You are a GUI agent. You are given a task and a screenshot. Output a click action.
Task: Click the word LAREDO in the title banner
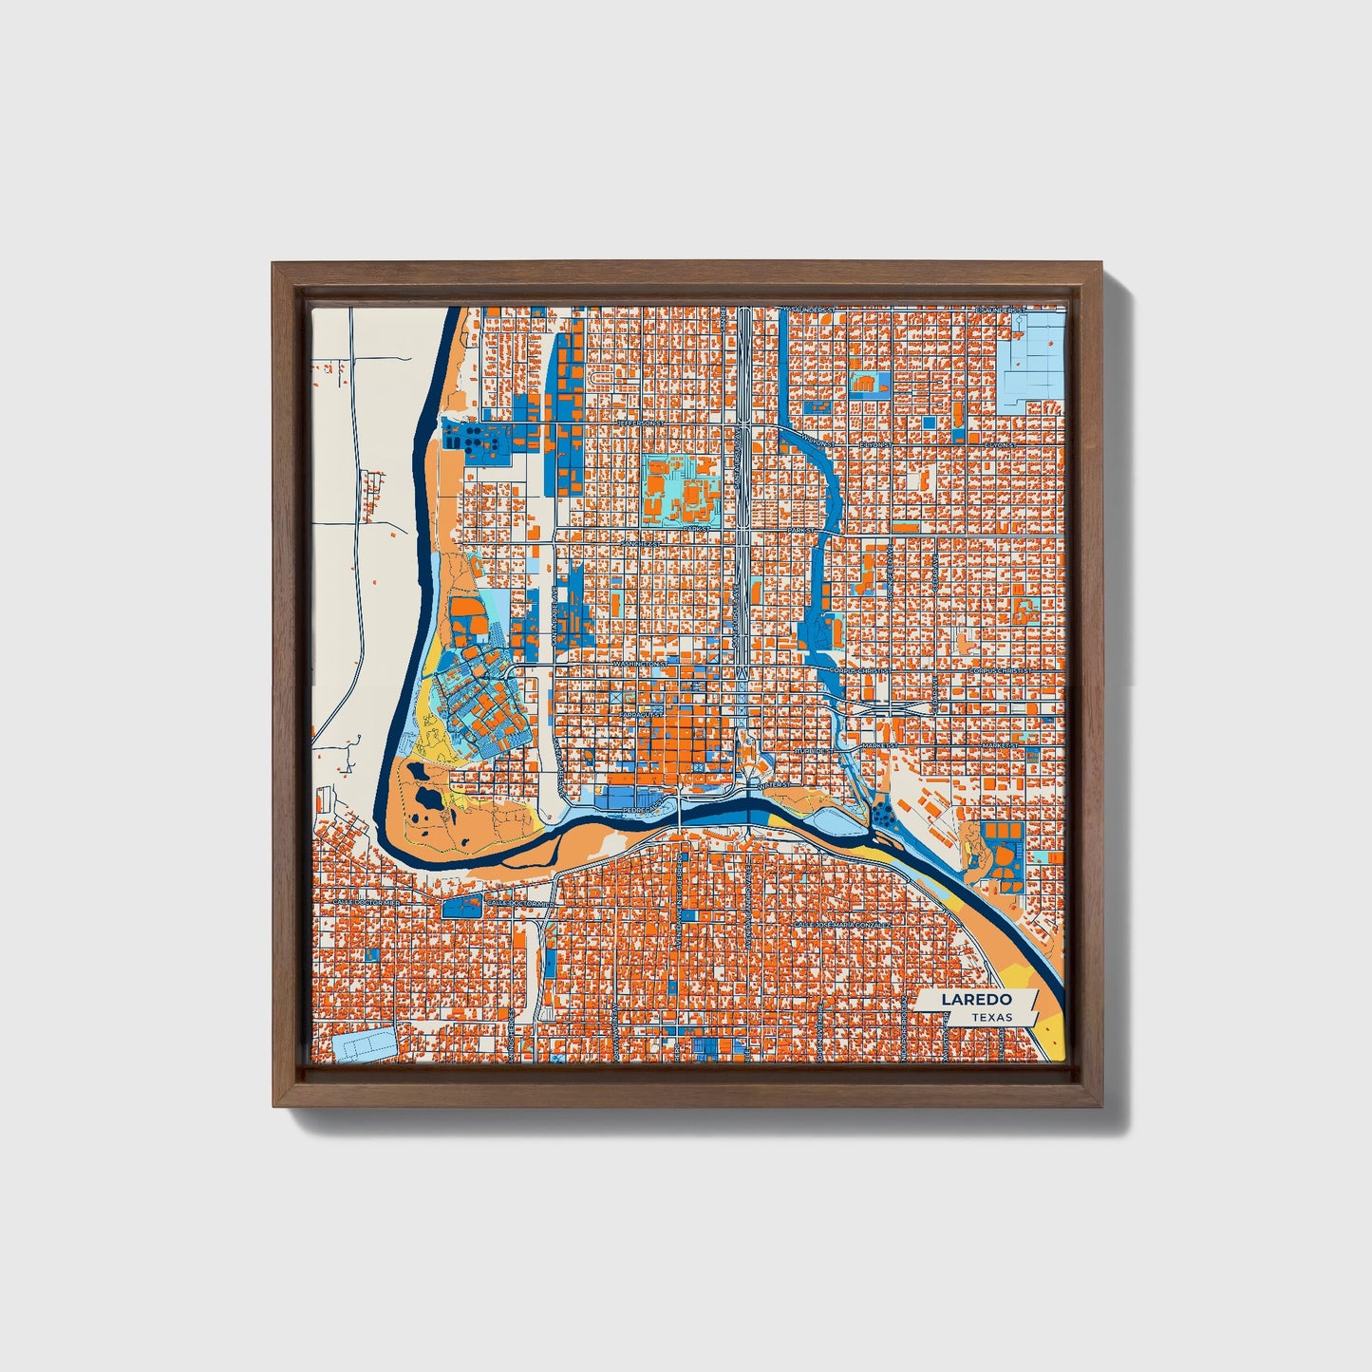point(976,1000)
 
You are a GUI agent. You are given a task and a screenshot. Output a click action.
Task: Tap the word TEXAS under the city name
point(991,1018)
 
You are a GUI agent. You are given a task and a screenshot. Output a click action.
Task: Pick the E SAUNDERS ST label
point(1001,310)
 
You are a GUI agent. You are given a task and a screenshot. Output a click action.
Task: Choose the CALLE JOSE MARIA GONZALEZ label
point(842,923)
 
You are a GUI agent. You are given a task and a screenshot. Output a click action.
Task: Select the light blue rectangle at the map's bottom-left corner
point(365,1044)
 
